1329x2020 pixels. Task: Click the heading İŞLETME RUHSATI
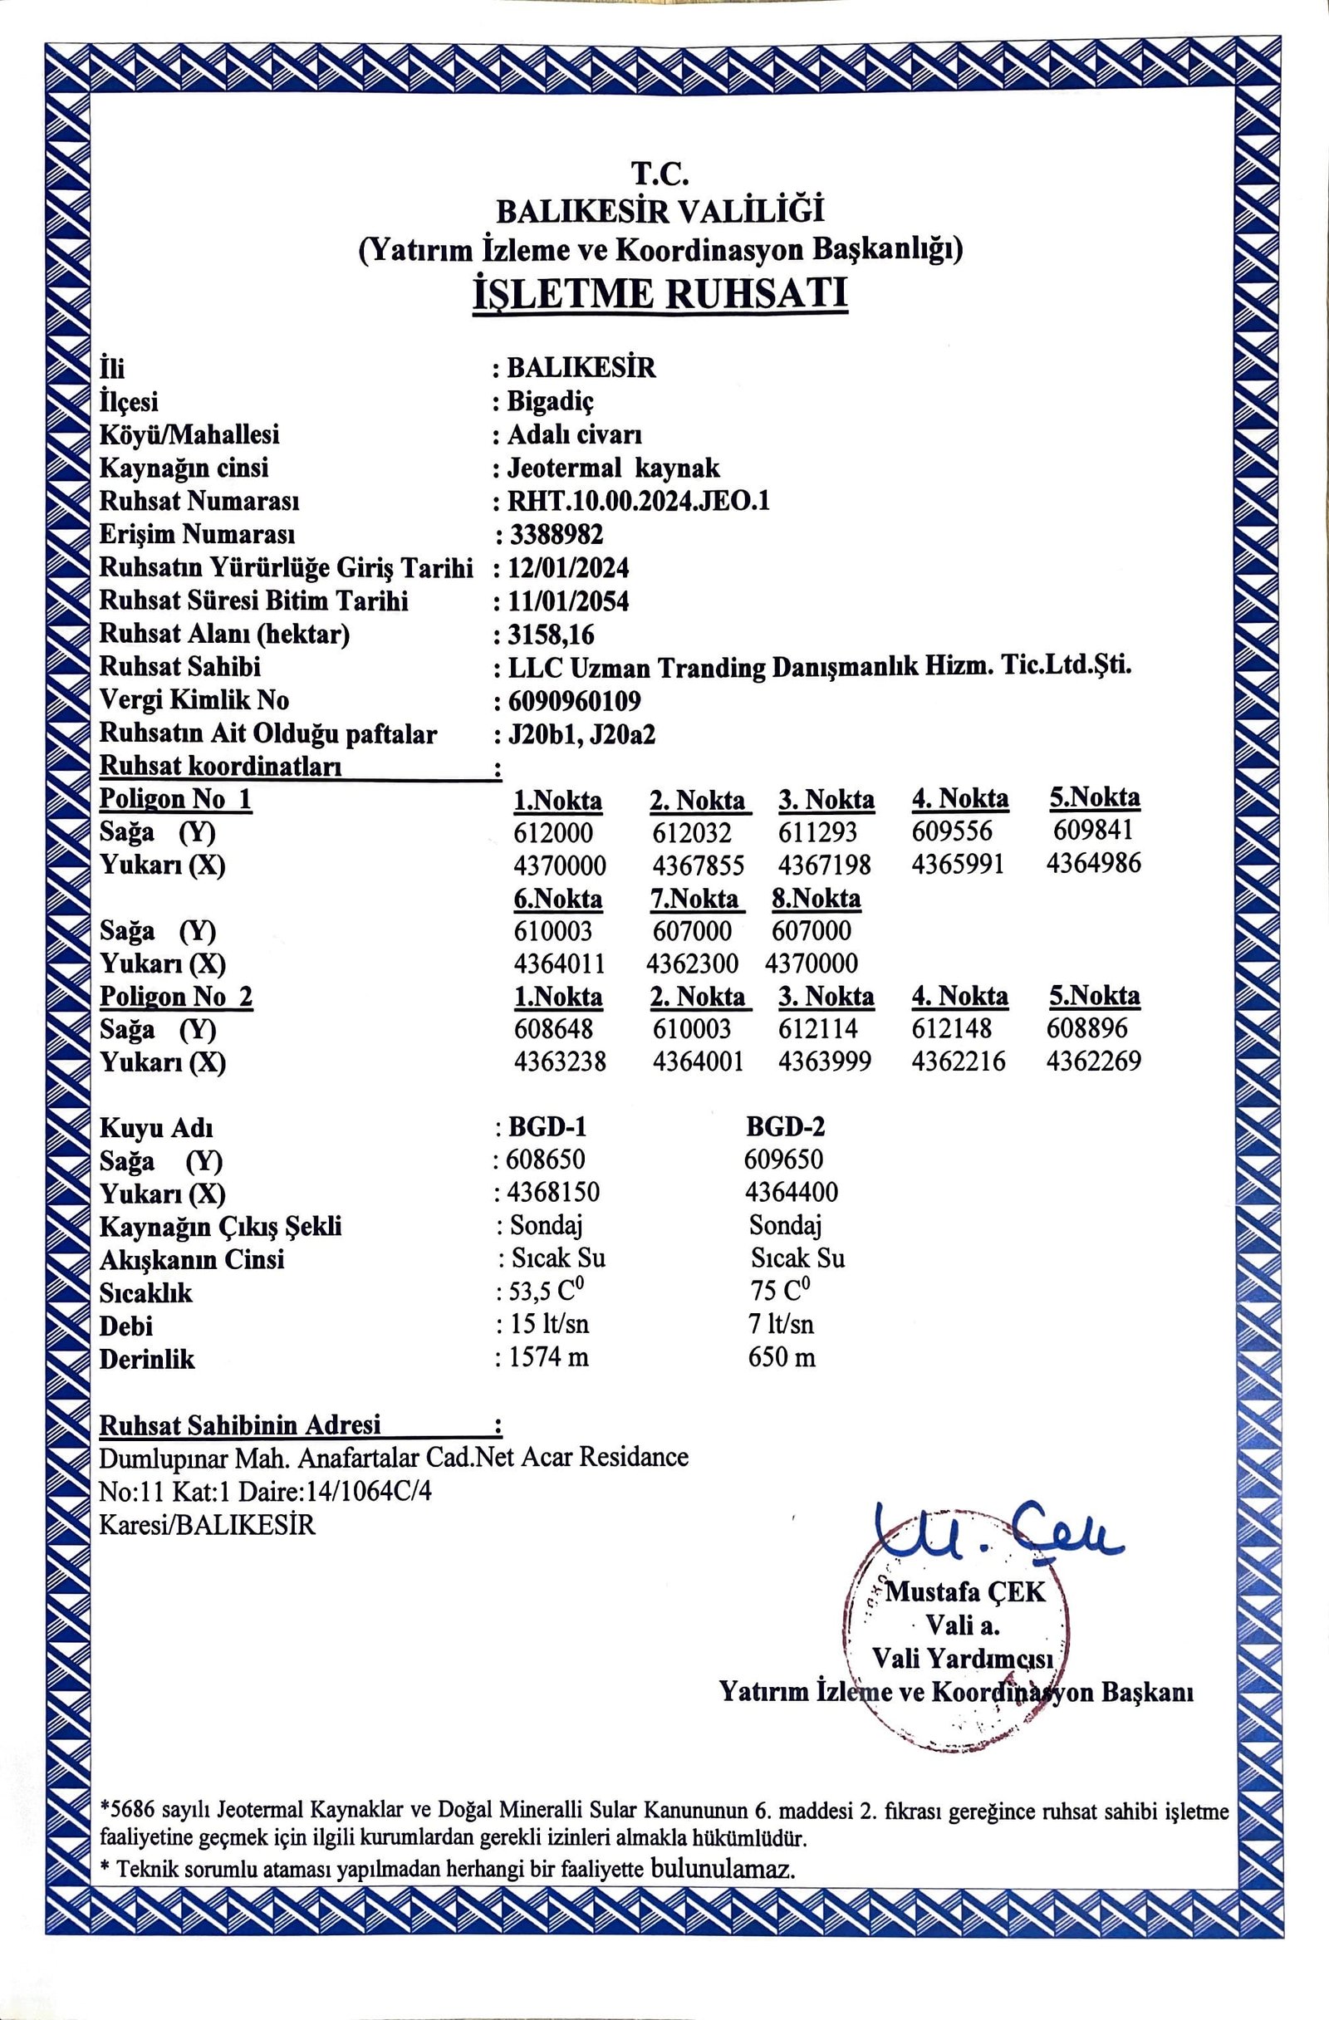click(x=660, y=295)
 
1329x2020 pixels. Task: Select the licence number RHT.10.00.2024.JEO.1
click(x=638, y=502)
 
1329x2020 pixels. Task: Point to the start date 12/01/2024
click(x=569, y=568)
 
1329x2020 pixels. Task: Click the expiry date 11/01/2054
click(x=569, y=601)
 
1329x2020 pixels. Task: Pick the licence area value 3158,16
click(x=551, y=634)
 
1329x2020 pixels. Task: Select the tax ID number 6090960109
click(x=574, y=700)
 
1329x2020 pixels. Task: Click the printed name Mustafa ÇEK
click(x=965, y=1591)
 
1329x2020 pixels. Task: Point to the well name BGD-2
click(x=785, y=1126)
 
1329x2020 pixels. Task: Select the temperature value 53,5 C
click(x=547, y=1292)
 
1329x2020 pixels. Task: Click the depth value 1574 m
click(x=548, y=1357)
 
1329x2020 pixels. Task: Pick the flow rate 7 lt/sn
click(x=781, y=1324)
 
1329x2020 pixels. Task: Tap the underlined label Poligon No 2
click(x=175, y=997)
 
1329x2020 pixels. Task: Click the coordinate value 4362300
click(x=692, y=963)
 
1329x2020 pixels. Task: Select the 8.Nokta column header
click(x=816, y=898)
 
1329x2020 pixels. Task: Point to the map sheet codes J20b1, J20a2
click(x=581, y=734)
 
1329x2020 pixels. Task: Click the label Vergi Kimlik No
click(x=194, y=700)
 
